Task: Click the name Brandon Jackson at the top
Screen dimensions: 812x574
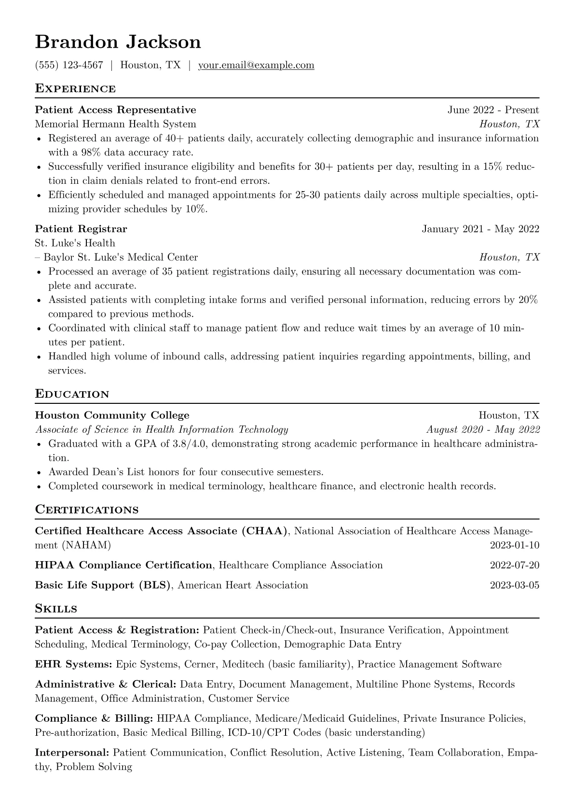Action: tap(118, 42)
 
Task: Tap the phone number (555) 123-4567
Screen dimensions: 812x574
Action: tap(69, 65)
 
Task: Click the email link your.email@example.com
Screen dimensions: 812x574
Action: tap(256, 65)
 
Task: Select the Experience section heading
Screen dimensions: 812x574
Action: tap(75, 89)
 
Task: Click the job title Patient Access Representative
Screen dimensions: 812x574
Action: tap(115, 110)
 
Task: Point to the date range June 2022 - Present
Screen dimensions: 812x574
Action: tap(493, 110)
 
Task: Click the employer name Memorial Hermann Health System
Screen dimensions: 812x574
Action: tap(115, 124)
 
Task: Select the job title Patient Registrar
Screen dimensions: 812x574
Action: tap(81, 229)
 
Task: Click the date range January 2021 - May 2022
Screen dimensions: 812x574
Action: tap(480, 229)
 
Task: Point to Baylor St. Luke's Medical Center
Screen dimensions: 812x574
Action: tap(121, 257)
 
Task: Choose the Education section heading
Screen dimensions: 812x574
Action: tap(72, 394)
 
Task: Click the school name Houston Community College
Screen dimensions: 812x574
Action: tap(112, 415)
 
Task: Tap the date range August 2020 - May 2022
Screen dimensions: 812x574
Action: tap(483, 429)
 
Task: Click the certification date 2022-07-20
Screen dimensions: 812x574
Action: tap(514, 565)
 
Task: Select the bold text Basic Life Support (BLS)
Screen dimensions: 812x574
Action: tap(103, 585)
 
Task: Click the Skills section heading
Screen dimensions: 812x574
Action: tap(56, 609)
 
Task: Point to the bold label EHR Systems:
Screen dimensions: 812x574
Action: tap(73, 664)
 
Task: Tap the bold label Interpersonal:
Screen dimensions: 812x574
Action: tap(72, 753)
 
